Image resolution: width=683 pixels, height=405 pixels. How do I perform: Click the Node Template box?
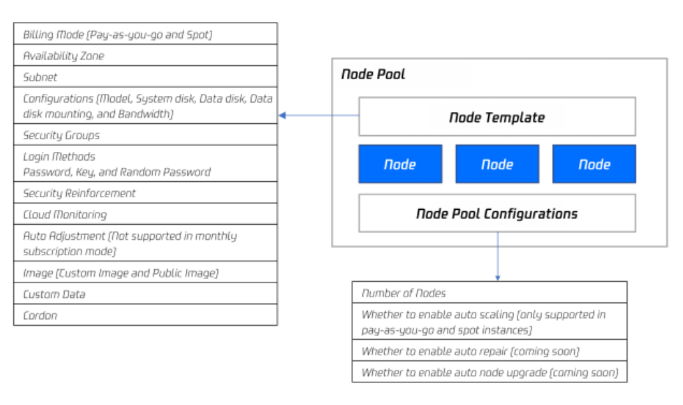pos(497,117)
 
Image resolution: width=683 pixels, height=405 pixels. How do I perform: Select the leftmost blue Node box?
pos(400,164)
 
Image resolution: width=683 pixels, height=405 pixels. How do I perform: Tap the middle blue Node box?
pos(497,164)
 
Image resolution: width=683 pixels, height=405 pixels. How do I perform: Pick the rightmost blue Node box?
pos(594,164)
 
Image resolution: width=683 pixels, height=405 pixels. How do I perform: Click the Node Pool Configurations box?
pos(497,213)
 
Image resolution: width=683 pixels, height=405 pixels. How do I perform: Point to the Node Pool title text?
pos(373,74)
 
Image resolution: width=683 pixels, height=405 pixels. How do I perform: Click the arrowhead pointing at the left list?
pos(283,116)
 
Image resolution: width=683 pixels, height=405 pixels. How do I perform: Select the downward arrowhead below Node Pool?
pos(497,276)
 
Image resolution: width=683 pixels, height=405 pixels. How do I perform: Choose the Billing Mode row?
pos(145,34)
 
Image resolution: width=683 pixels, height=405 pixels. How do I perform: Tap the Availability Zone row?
pos(145,56)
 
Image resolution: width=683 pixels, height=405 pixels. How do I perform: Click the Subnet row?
pos(145,77)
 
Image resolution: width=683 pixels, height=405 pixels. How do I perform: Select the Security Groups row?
pos(145,135)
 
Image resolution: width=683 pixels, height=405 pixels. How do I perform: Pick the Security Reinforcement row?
pos(145,193)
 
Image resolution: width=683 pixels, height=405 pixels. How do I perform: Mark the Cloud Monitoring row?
pos(145,214)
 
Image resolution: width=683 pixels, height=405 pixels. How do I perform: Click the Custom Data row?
pos(145,294)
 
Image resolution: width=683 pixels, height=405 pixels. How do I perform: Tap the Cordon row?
pos(145,315)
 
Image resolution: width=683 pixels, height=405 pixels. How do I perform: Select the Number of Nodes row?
pos(490,293)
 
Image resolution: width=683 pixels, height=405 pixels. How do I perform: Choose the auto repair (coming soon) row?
pos(490,351)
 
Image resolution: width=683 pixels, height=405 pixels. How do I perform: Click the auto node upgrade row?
pos(490,372)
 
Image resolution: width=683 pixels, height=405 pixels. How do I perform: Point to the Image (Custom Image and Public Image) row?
pos(145,272)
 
